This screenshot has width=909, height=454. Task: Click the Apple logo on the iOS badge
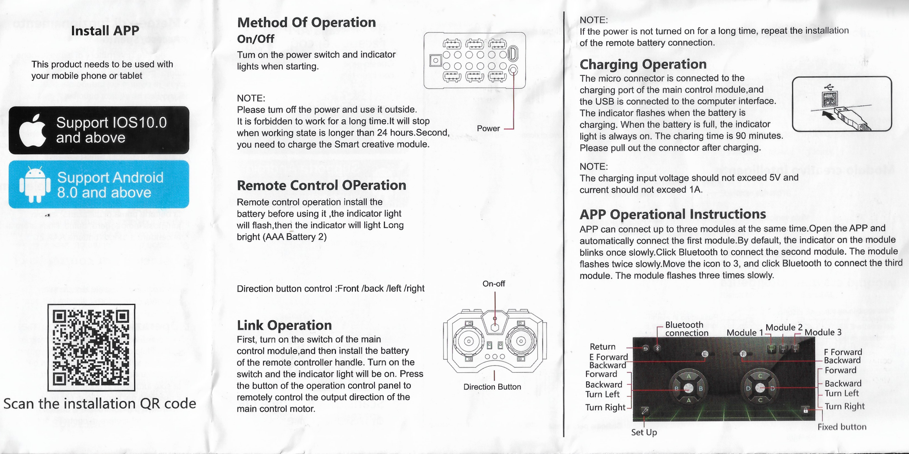pos(33,131)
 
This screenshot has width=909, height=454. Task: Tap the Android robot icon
pos(35,185)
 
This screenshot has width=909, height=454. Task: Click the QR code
pos(91,347)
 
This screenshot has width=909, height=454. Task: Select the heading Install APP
pos(105,31)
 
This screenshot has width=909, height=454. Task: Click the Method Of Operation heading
pos(306,22)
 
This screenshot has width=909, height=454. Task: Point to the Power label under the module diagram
pos(488,128)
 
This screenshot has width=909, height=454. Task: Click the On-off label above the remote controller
pos(494,284)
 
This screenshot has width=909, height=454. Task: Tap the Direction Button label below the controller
pos(492,387)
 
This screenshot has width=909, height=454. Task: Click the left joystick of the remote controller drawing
pos(469,341)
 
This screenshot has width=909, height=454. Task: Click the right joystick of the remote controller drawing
pos(521,341)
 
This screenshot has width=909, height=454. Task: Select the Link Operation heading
pos(284,325)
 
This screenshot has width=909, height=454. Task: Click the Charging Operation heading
pos(643,64)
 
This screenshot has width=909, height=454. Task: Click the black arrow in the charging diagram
pos(829,115)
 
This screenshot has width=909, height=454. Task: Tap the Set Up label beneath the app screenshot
pos(644,432)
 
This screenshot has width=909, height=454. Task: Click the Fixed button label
pos(842,427)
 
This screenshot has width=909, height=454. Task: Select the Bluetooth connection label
pos(686,329)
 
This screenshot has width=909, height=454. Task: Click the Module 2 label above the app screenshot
pos(784,327)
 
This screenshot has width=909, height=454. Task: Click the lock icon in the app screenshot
pos(806,410)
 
